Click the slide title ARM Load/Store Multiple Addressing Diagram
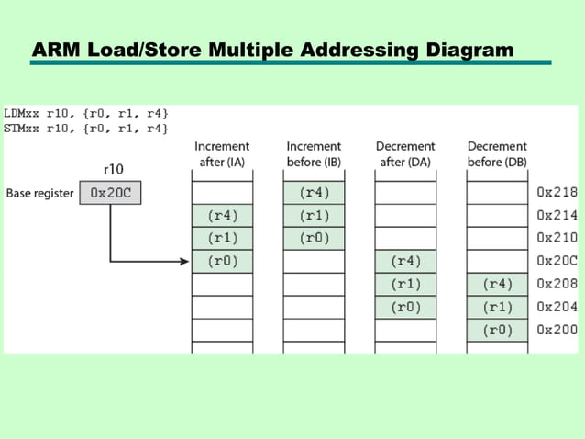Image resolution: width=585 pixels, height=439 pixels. (272, 50)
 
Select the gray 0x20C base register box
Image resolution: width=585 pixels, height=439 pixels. (110, 194)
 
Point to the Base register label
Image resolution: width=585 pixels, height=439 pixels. (39, 194)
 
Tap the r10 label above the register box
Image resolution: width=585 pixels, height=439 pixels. (110, 170)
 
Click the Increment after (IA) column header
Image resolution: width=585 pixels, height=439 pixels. (222, 154)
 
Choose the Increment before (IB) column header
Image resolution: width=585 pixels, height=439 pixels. (314, 154)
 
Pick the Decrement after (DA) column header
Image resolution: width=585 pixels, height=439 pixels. (405, 154)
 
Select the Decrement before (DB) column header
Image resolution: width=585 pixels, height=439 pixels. (497, 154)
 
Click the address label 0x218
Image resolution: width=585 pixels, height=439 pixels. (557, 193)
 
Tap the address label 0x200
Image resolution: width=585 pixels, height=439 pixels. (557, 331)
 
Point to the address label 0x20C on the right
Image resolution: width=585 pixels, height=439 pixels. (557, 261)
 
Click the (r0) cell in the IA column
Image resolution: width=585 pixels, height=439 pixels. (222, 262)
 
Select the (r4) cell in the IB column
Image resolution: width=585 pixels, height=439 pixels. (314, 193)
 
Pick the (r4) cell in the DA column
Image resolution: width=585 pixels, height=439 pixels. (405, 262)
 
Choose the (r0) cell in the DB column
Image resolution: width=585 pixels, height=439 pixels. (497, 331)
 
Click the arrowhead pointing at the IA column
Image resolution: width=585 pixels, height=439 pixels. (185, 262)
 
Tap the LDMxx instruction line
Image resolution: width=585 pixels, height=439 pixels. (86, 114)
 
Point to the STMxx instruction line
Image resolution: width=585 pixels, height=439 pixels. (86, 129)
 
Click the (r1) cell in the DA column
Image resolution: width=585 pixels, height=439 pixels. (405, 285)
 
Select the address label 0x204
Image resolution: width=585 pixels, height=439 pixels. (557, 308)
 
